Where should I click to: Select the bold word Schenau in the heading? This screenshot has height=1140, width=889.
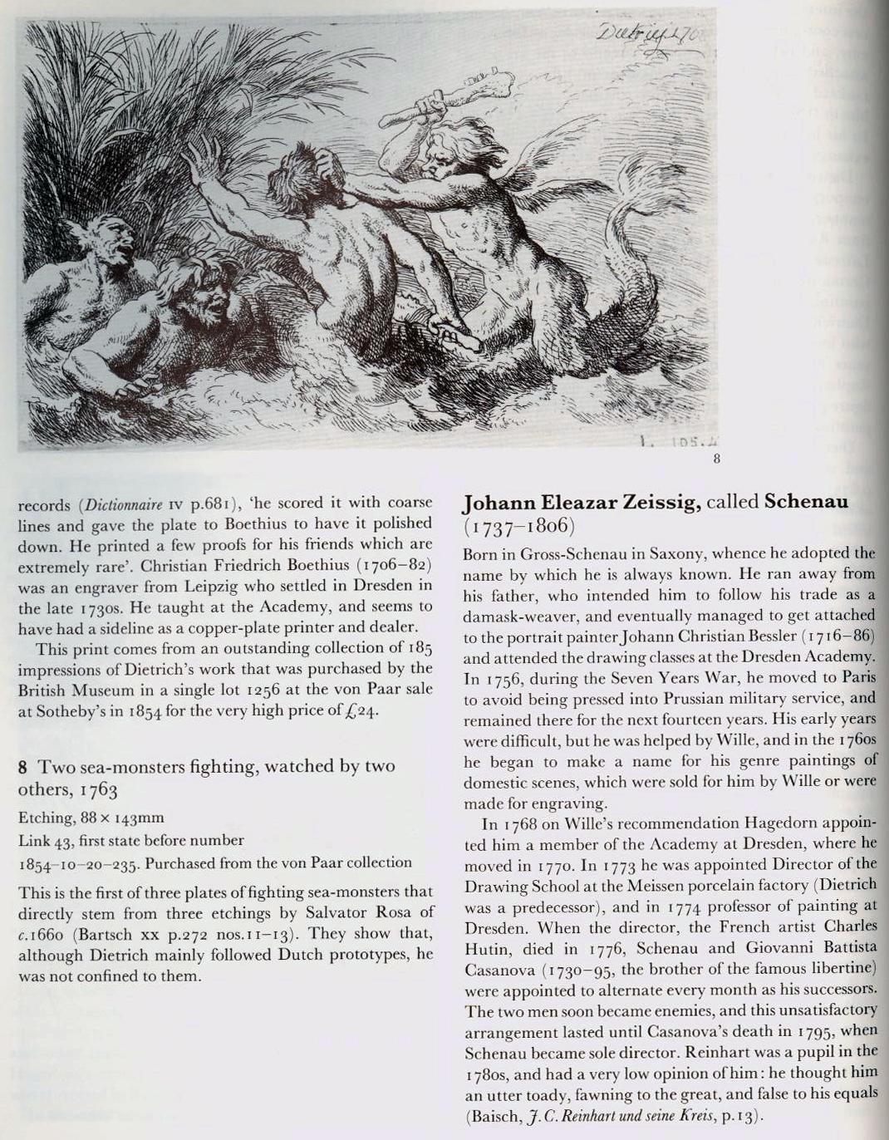coord(806,502)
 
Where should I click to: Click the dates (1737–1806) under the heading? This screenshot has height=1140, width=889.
coord(519,527)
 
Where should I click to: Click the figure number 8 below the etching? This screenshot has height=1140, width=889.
coord(716,456)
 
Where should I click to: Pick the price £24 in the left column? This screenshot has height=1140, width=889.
coord(364,711)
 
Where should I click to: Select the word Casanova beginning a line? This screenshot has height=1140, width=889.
coord(500,969)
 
